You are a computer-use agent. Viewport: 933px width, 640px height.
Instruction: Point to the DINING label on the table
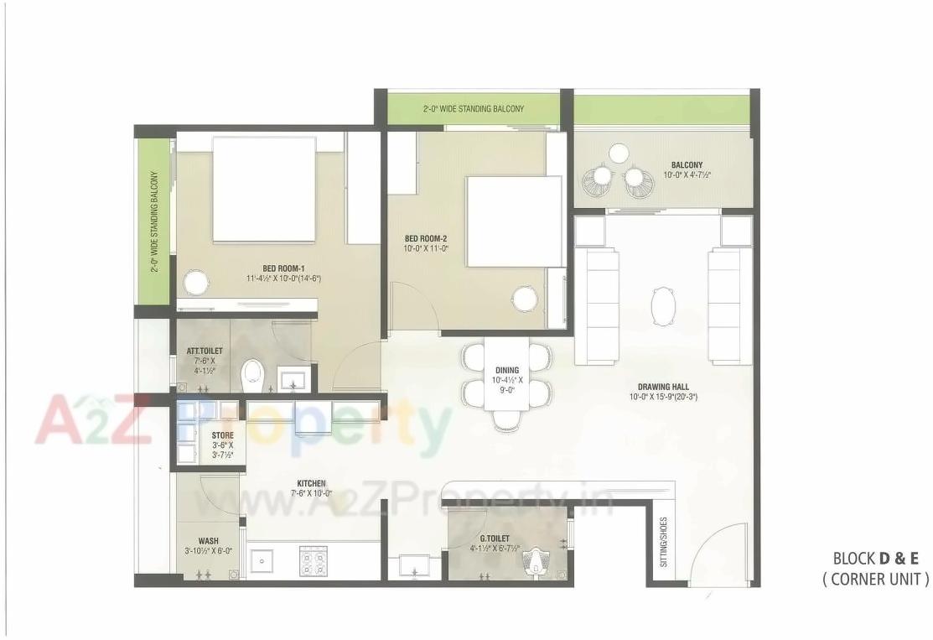[506, 370]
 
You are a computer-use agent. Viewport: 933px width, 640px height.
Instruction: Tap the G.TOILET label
[495, 539]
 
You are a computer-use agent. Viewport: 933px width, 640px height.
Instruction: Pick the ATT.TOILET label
[204, 350]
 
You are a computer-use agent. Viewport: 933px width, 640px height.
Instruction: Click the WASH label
[209, 541]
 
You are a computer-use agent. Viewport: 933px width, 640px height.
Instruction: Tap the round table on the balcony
[619, 153]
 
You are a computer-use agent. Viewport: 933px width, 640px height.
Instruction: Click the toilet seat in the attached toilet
[251, 375]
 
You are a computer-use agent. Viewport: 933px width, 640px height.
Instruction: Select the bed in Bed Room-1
[264, 190]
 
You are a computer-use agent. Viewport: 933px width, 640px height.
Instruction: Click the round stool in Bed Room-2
[525, 298]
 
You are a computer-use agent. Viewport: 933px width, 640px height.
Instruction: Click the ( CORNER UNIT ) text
[876, 578]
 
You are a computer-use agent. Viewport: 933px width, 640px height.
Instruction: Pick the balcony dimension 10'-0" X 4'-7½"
[687, 175]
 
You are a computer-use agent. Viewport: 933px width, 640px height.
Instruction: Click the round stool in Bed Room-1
[195, 283]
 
